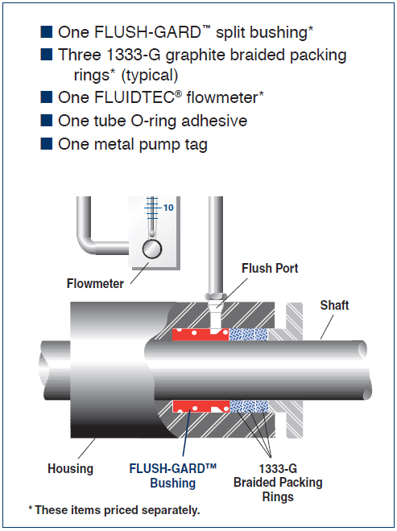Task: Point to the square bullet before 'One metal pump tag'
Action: point(47,145)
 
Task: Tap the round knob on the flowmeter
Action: point(151,249)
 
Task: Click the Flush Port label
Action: point(270,268)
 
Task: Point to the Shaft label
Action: point(335,305)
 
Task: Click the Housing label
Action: point(70,468)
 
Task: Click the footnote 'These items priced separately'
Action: point(115,510)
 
